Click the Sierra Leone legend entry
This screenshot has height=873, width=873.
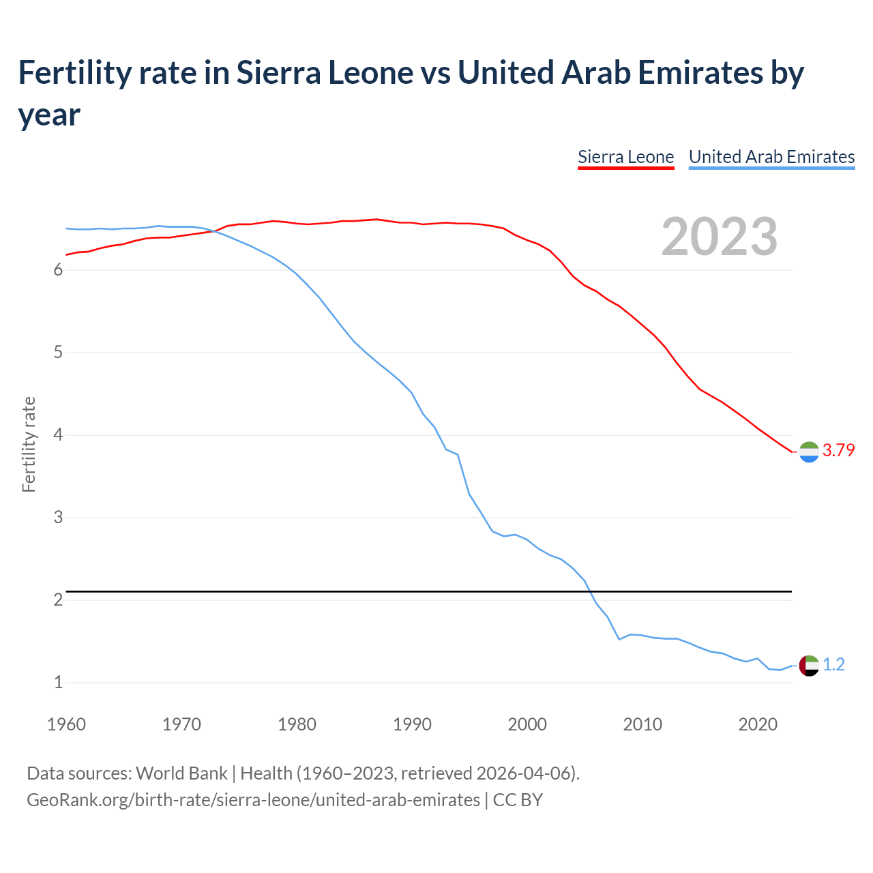click(x=625, y=157)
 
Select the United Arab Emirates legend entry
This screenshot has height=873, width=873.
click(x=771, y=157)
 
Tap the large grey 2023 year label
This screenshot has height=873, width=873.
click(x=719, y=237)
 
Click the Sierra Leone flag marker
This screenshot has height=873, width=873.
click(x=809, y=452)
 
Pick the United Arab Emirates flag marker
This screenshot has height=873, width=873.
click(x=809, y=665)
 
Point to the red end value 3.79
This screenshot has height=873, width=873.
click(x=838, y=450)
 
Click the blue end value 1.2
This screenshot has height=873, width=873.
click(x=833, y=664)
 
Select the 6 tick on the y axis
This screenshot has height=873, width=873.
click(x=58, y=270)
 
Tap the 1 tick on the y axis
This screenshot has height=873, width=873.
click(x=58, y=682)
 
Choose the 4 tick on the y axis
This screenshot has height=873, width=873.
click(x=58, y=435)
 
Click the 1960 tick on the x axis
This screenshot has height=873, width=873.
click(x=66, y=724)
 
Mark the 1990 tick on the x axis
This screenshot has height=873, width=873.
click(x=412, y=724)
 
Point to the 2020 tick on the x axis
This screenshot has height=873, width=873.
click(x=758, y=724)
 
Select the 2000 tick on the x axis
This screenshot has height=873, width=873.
click(x=527, y=724)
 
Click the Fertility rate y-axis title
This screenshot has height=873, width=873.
click(x=29, y=444)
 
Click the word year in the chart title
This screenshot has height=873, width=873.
click(x=49, y=115)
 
